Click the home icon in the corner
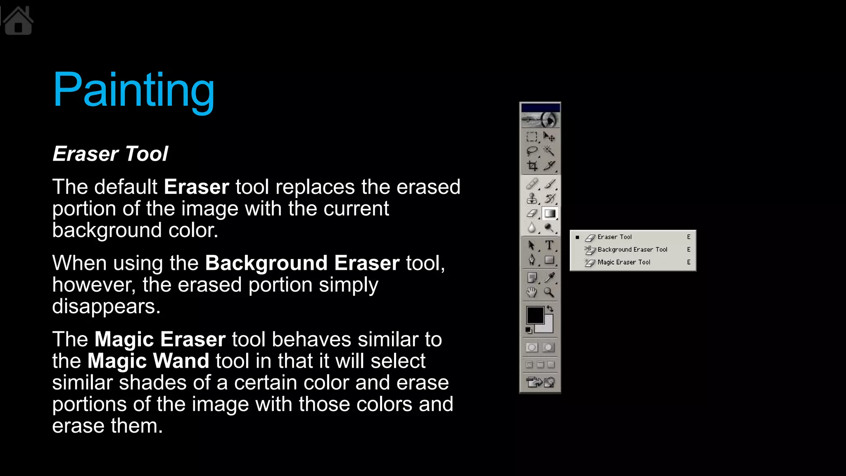pyautogui.click(x=18, y=21)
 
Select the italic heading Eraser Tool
pyautogui.click(x=110, y=154)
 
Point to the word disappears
pyautogui.click(x=106, y=306)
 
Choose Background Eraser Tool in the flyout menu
pyautogui.click(x=632, y=250)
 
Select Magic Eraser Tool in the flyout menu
pyautogui.click(x=624, y=262)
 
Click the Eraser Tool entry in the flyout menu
pyautogui.click(x=615, y=237)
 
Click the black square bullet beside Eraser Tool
pyautogui.click(x=577, y=237)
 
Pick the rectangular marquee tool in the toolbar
pyautogui.click(x=532, y=136)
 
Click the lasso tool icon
pyautogui.click(x=532, y=151)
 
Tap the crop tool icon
pyautogui.click(x=532, y=166)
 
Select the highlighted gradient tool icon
pyautogui.click(x=549, y=213)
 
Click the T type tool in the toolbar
pyautogui.click(x=549, y=245)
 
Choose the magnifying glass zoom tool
pyautogui.click(x=549, y=292)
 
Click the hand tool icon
pyautogui.click(x=532, y=292)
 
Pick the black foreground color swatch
pyautogui.click(x=535, y=315)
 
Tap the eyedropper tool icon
pyautogui.click(x=549, y=277)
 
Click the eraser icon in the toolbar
pyautogui.click(x=532, y=213)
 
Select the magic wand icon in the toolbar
pyautogui.click(x=549, y=151)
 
